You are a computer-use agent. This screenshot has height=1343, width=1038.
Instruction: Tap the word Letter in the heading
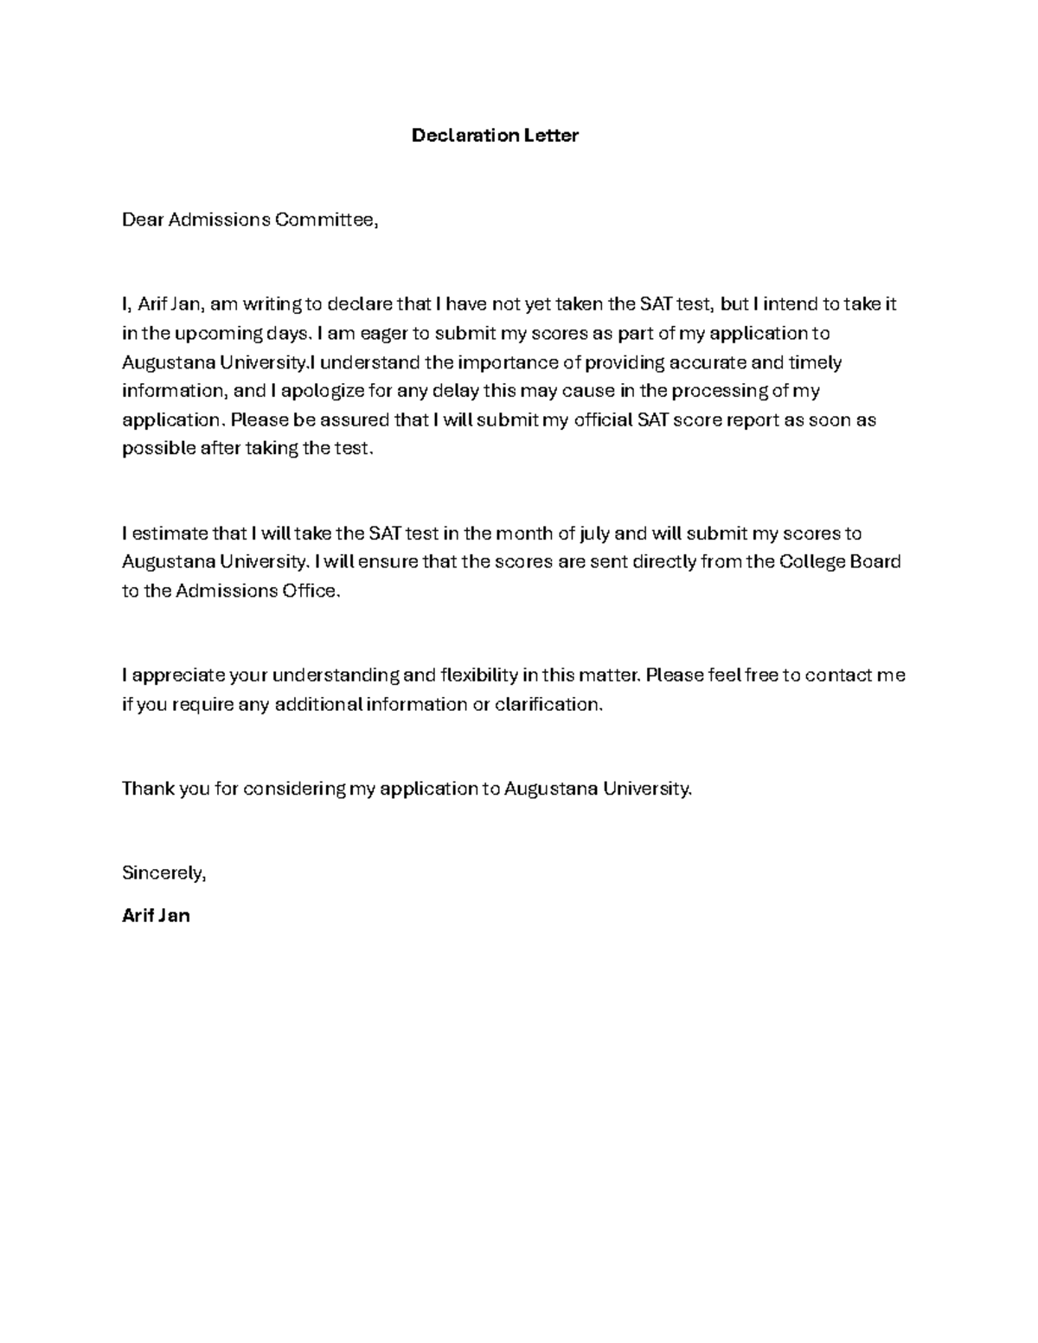click(x=551, y=135)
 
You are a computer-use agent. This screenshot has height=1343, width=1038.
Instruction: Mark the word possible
click(x=159, y=449)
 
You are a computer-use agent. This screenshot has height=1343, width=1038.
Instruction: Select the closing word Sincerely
click(x=163, y=873)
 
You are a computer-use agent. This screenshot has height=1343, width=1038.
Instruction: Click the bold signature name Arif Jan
click(x=157, y=915)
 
